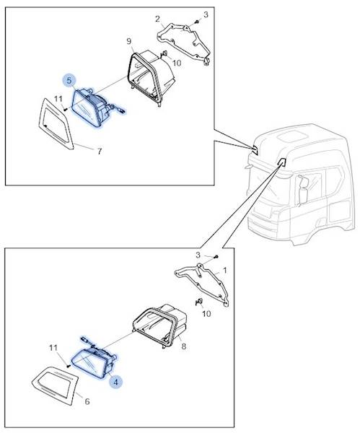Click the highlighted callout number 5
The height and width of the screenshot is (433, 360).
(69, 80)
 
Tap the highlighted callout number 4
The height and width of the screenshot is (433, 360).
(116, 383)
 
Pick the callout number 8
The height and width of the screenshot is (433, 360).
(184, 346)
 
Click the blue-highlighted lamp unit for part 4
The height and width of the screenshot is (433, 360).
(94, 359)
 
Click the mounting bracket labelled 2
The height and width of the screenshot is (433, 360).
(183, 41)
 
